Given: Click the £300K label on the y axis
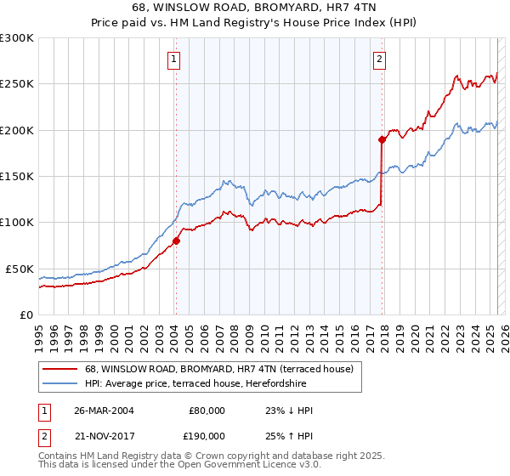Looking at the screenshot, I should tap(16, 38).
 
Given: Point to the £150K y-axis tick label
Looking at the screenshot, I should tap(16, 176).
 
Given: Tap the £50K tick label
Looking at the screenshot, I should tap(19, 269).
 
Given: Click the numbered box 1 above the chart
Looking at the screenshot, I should tap(173, 59).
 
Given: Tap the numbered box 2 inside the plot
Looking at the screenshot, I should tap(379, 59).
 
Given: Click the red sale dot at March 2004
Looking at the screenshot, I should tap(177, 241).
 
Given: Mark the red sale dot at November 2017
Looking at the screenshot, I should tap(382, 139).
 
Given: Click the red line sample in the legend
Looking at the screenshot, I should tap(59, 368).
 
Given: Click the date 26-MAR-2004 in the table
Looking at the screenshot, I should tap(103, 411).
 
